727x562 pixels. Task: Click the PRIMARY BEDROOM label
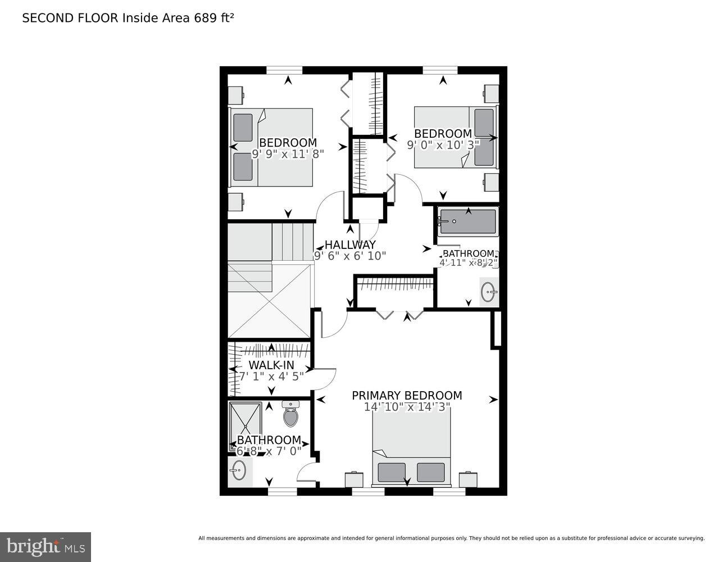pyautogui.click(x=407, y=396)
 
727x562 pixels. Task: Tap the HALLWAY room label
pyautogui.click(x=349, y=245)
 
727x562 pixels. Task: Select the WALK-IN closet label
pyautogui.click(x=271, y=365)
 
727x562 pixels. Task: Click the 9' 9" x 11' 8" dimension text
pyautogui.click(x=288, y=154)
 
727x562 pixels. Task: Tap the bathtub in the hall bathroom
pyautogui.click(x=467, y=222)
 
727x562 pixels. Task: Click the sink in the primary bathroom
pyautogui.click(x=239, y=470)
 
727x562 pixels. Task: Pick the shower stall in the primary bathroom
pyautogui.click(x=246, y=424)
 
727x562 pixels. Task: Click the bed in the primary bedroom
pyautogui.click(x=411, y=450)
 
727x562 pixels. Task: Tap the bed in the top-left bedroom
pyautogui.click(x=271, y=147)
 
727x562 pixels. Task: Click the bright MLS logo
pyautogui.click(x=46, y=546)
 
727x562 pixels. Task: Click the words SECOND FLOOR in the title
pyautogui.click(x=70, y=18)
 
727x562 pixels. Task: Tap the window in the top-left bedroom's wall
pyautogui.click(x=284, y=70)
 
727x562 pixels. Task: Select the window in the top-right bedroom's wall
pyautogui.click(x=440, y=70)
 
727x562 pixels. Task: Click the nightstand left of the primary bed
pyautogui.click(x=354, y=479)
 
